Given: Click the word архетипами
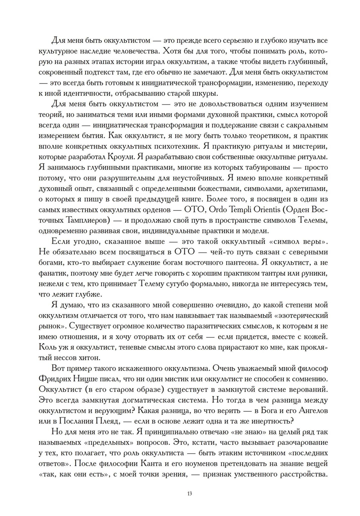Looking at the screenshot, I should (x=307, y=189).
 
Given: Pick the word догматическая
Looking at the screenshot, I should (x=136, y=400).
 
